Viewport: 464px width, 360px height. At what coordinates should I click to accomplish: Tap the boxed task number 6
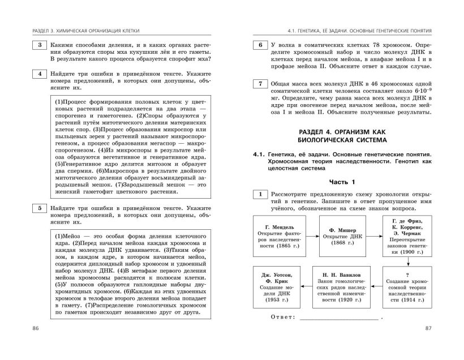[260, 45]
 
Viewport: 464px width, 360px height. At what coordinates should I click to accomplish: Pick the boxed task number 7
[260, 84]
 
